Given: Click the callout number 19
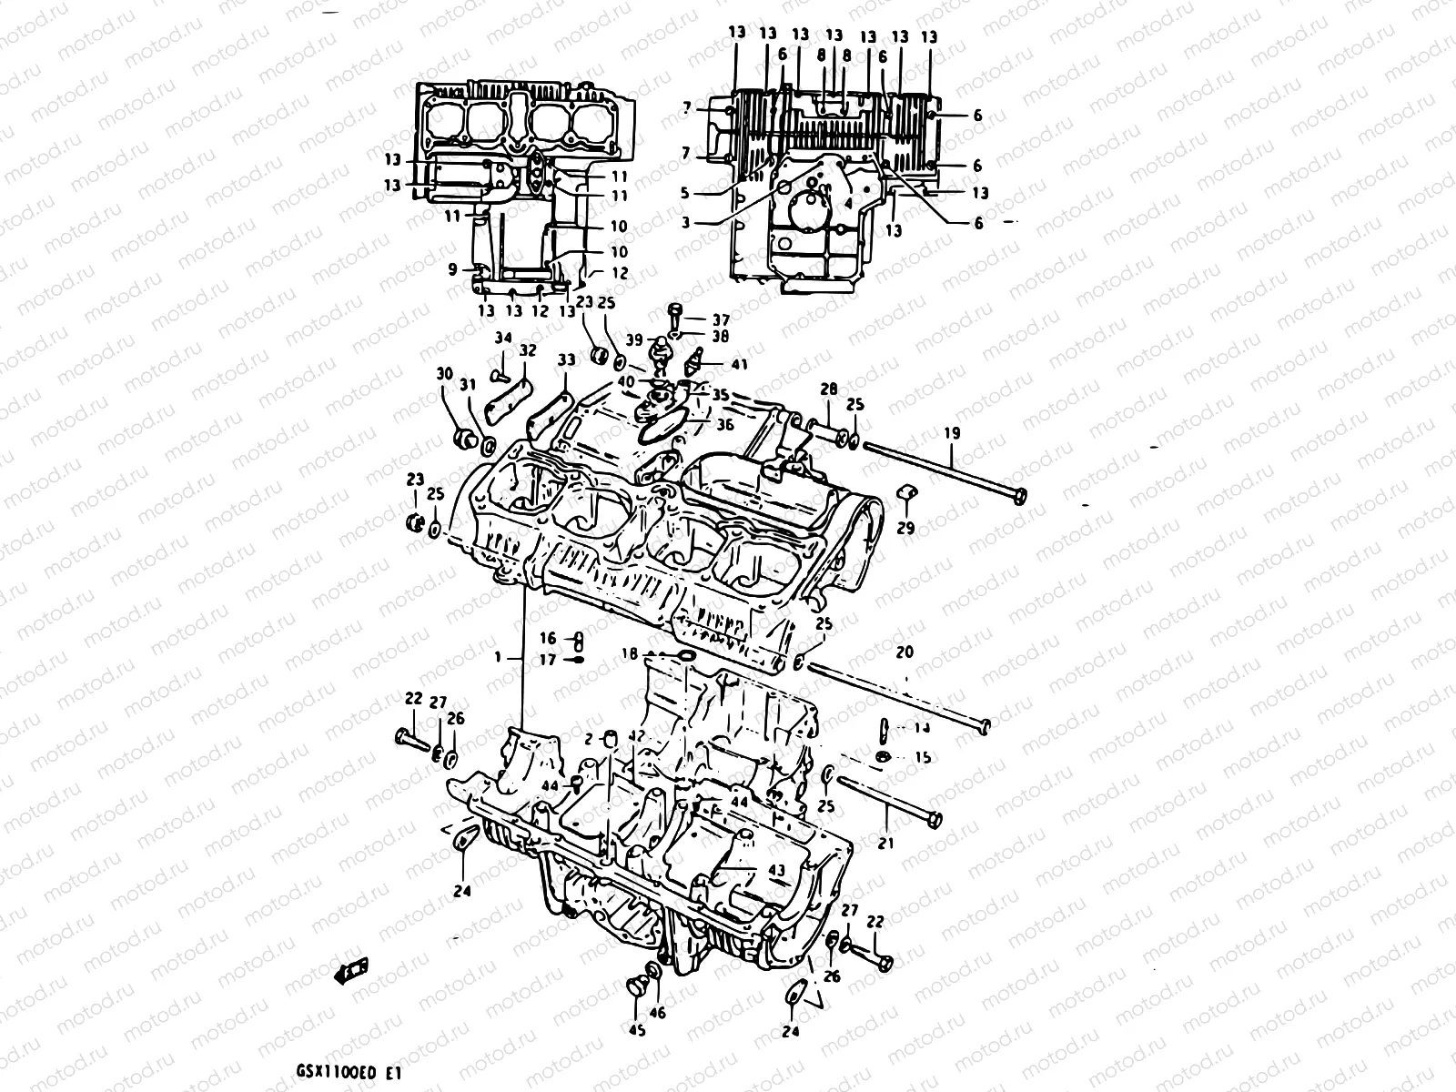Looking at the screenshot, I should [952, 434].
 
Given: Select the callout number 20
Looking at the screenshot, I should [905, 652].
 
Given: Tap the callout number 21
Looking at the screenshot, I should [885, 844].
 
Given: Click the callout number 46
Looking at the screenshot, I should [658, 1012].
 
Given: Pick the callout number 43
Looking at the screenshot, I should [776, 871].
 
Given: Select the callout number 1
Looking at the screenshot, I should [498, 656].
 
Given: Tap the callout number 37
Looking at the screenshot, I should [721, 319].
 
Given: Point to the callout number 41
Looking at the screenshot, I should [739, 364].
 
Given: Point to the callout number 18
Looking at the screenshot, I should [629, 653].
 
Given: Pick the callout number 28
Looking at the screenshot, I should [828, 389].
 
